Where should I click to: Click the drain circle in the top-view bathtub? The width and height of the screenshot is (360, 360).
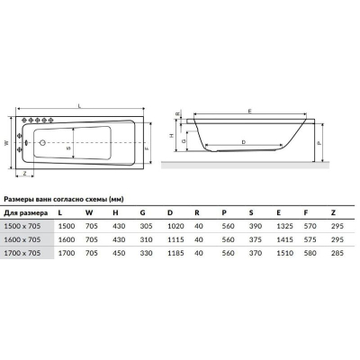42,143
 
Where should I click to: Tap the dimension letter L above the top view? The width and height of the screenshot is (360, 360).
79,105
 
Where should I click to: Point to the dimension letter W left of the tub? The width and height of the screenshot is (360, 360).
6,143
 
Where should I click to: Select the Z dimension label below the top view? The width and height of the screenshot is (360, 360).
24,173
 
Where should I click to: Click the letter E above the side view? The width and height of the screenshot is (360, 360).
249,112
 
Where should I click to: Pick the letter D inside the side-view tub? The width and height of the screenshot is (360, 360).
244,142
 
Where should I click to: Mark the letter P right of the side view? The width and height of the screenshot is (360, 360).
319,143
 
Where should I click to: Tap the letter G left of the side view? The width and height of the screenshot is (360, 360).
184,140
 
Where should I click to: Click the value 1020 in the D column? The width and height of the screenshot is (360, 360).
175,226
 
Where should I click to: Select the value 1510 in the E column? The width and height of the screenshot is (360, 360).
284,253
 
